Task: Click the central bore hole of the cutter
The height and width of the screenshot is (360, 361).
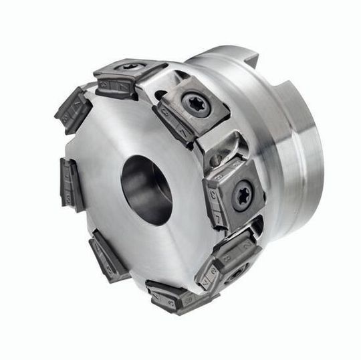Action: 145,189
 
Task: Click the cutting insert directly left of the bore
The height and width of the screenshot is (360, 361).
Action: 72,183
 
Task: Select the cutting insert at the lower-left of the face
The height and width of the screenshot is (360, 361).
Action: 109,255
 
